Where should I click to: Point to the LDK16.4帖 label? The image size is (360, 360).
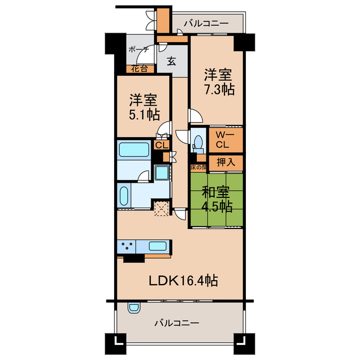pyautogui.click(x=183, y=279)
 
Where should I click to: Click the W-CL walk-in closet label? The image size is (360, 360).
pyautogui.click(x=222, y=139)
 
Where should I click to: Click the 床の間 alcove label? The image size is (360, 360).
pyautogui.click(x=199, y=167)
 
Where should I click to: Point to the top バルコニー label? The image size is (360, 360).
pyautogui.click(x=205, y=24)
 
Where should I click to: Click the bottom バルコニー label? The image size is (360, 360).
pyautogui.click(x=176, y=323)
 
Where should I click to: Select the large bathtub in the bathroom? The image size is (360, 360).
pyautogui.click(x=133, y=150)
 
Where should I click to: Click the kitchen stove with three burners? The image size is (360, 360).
pyautogui.click(x=128, y=246)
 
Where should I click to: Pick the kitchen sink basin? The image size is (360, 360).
pyautogui.click(x=158, y=246)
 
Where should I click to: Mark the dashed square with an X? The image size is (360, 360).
pyautogui.click(x=162, y=208)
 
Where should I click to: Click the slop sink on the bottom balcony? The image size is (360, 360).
pyautogui.click(x=133, y=307)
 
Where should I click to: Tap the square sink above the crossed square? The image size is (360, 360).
pyautogui.click(x=162, y=173)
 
